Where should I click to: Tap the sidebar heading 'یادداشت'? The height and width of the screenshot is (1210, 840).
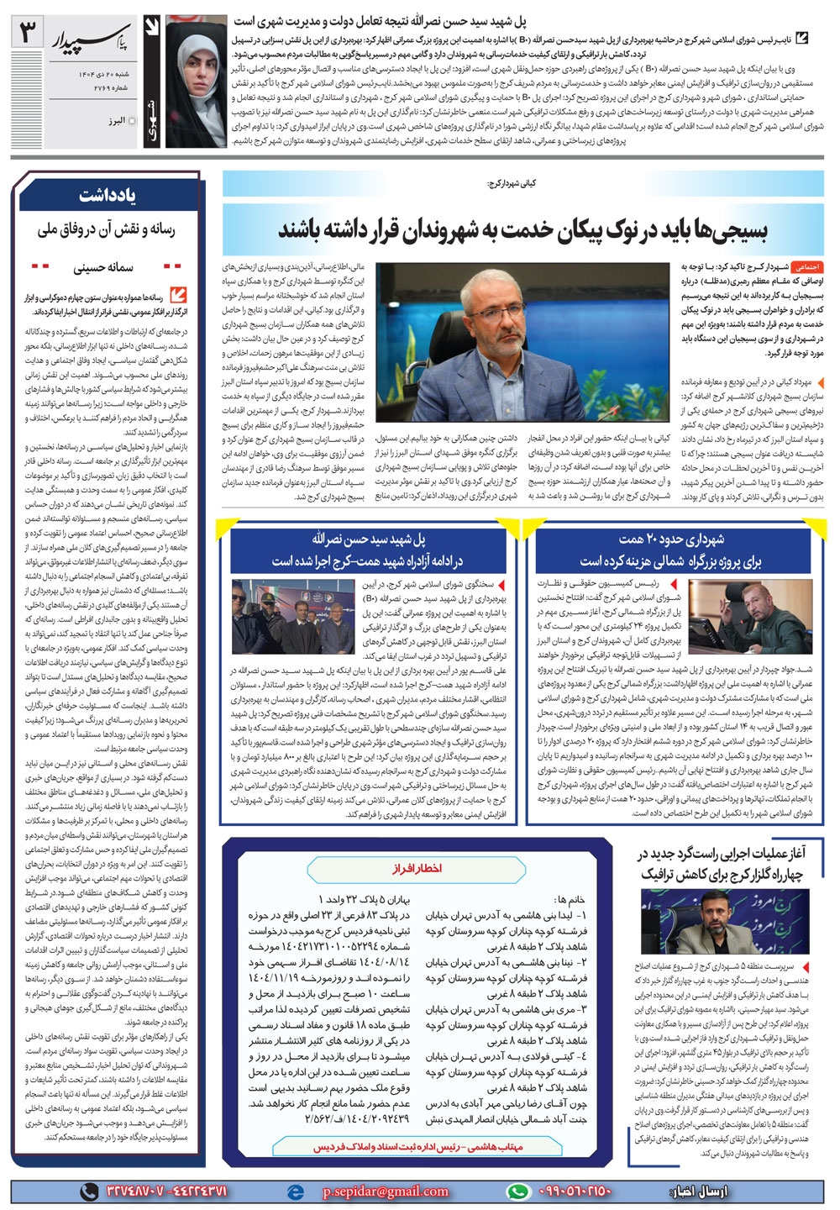[108, 195]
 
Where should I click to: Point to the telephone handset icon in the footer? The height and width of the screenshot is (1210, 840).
[87, 1192]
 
